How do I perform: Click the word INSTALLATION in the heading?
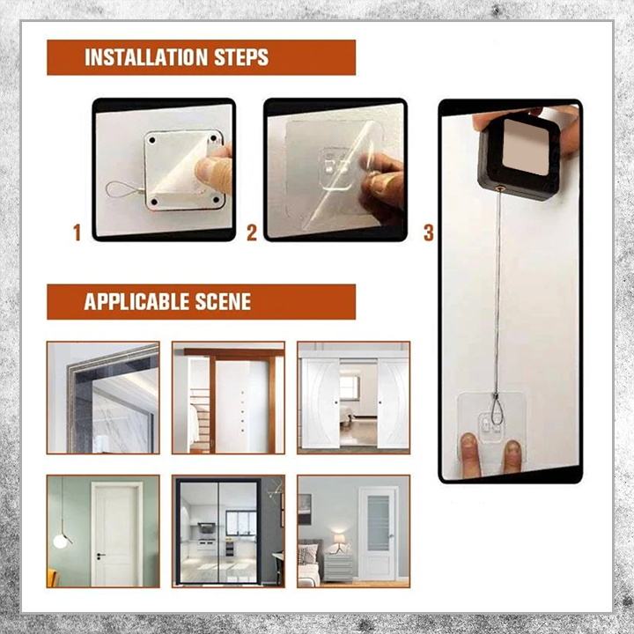(145, 57)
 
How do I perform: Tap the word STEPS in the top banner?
(241, 57)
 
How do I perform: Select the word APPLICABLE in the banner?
(136, 302)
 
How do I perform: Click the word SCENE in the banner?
(223, 302)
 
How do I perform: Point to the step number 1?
(77, 232)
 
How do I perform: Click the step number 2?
(252, 232)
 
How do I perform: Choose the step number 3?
(429, 232)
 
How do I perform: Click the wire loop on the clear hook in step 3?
(497, 409)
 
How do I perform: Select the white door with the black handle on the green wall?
(117, 534)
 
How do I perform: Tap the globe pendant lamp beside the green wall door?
(61, 541)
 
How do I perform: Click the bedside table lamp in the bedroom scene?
(339, 542)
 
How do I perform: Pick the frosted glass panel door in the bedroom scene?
(379, 533)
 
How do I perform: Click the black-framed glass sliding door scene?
(228, 531)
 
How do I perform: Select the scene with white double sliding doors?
(354, 397)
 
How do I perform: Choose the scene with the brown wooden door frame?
(228, 397)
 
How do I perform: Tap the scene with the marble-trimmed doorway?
(103, 397)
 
